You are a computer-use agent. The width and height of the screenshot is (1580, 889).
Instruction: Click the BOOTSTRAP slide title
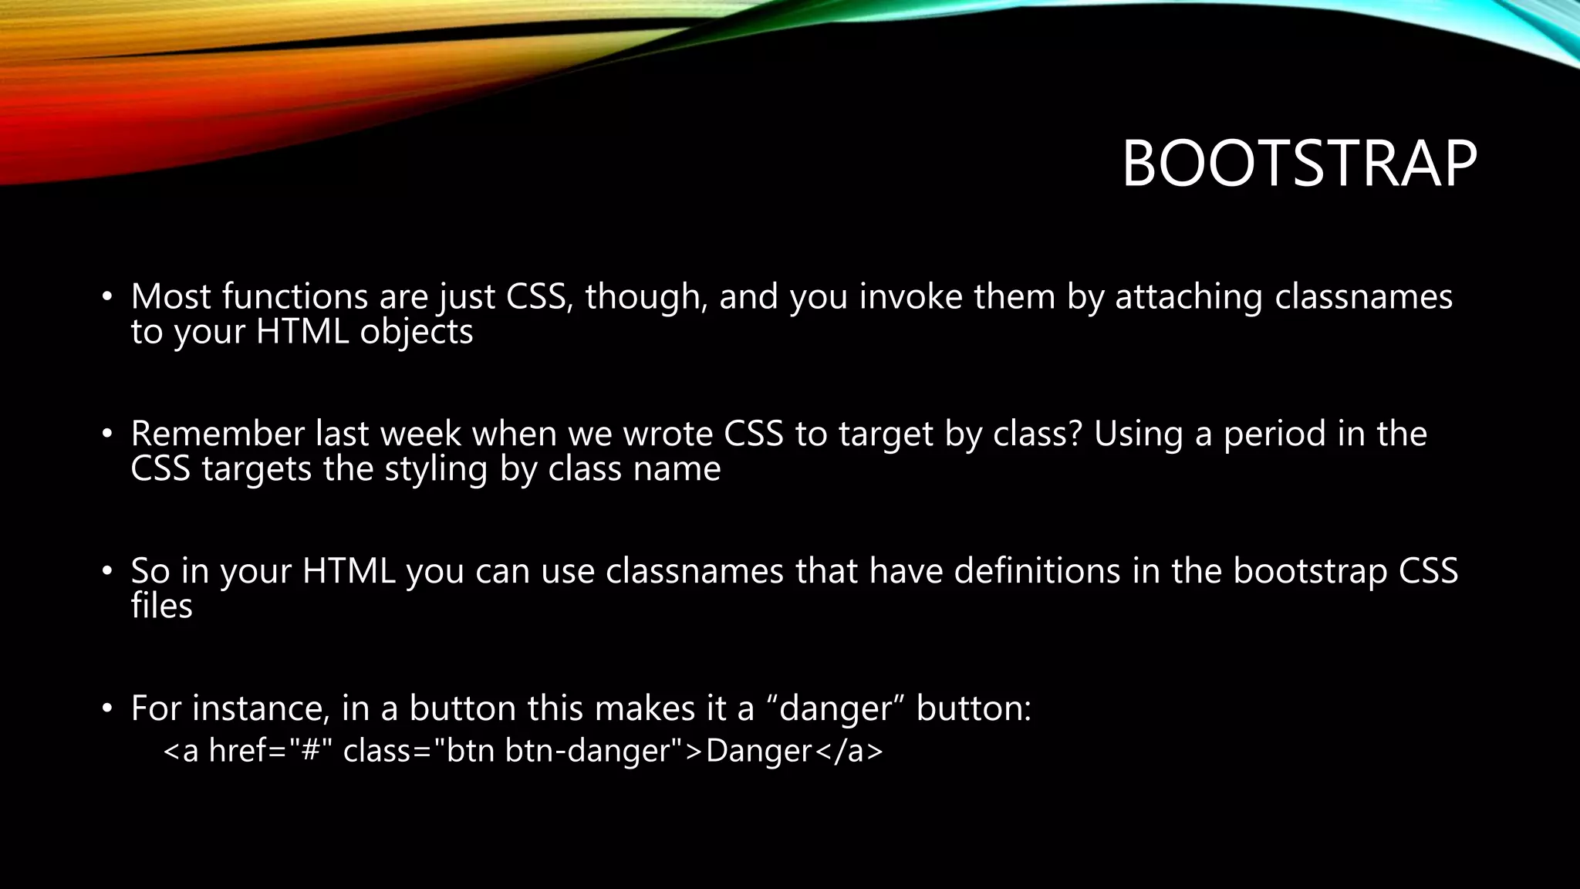click(1298, 164)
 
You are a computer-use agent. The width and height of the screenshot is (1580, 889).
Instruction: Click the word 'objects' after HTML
click(416, 333)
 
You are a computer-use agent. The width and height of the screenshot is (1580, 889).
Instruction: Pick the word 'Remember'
click(218, 434)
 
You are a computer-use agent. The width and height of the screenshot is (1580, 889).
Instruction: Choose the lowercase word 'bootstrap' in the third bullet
click(1309, 572)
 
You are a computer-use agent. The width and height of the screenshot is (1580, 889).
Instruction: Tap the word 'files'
click(161, 606)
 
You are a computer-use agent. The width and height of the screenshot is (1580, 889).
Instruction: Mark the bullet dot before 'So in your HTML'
click(108, 572)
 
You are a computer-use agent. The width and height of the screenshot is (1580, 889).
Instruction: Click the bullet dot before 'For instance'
click(108, 708)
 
